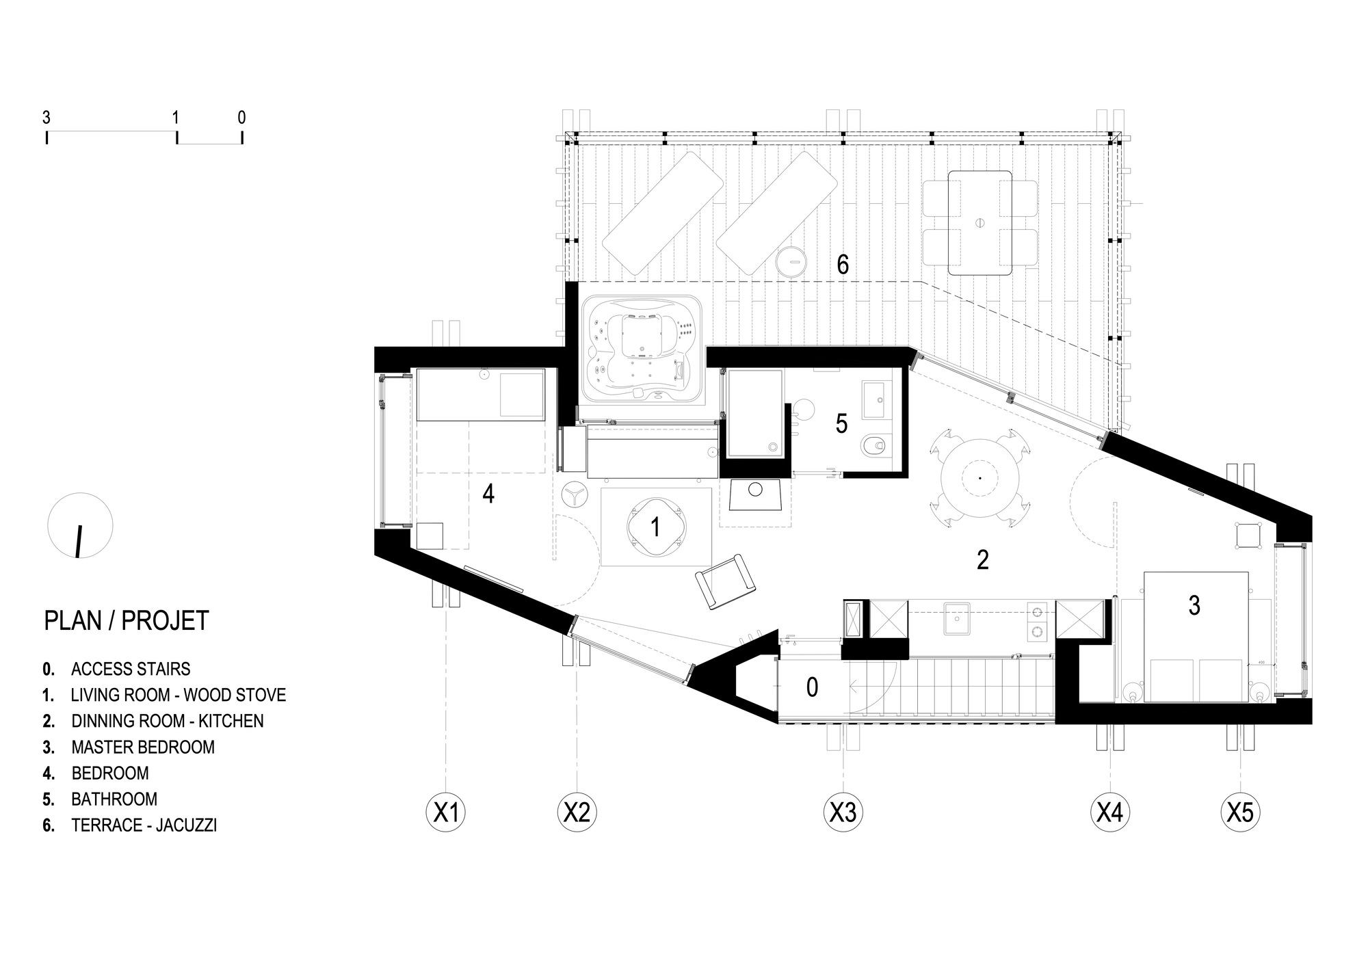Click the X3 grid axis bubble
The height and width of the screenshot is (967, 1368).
[x=843, y=812]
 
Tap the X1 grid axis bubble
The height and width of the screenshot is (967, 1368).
[x=445, y=812]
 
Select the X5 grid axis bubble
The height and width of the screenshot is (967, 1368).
[x=1240, y=812]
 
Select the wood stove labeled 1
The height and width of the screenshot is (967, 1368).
[x=655, y=527]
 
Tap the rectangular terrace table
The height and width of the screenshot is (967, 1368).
[x=979, y=222]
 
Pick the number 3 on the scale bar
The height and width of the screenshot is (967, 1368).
[x=46, y=118]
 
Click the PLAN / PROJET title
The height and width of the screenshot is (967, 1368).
[x=126, y=620]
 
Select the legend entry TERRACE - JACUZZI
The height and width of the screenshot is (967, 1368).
[x=144, y=825]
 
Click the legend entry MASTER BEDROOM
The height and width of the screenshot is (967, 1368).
[x=142, y=747]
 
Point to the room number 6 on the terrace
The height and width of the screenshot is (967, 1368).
[x=843, y=265]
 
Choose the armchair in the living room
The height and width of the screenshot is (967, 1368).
[x=725, y=581]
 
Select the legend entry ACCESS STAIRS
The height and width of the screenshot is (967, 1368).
[x=131, y=669]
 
